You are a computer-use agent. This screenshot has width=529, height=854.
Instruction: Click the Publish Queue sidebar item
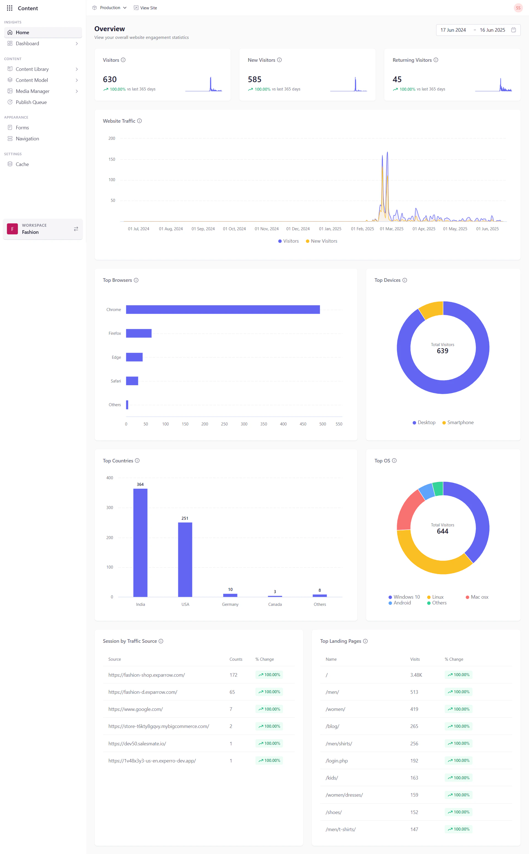[31, 102]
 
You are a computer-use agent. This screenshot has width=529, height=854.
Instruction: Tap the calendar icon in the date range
[513, 30]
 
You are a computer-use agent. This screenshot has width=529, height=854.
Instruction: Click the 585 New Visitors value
[254, 79]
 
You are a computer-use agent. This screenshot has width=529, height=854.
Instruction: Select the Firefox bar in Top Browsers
[139, 333]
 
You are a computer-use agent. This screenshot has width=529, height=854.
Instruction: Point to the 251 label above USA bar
[185, 518]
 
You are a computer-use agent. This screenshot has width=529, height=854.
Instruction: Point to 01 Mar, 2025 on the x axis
[392, 229]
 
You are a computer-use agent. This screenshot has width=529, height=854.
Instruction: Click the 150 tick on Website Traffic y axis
[112, 159]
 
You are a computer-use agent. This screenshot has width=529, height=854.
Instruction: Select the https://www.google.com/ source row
[135, 709]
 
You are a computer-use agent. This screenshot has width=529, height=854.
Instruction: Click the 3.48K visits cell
[416, 675]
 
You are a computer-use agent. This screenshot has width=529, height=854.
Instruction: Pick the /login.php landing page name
[337, 761]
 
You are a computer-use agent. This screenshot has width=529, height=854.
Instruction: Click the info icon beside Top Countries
[137, 461]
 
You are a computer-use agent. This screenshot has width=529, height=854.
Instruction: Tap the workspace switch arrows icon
[76, 229]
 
